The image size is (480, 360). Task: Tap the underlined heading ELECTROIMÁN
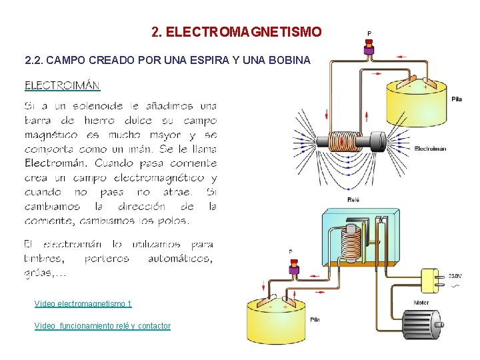pyautogui.click(x=62, y=85)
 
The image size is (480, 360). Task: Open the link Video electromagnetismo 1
pyautogui.click(x=83, y=304)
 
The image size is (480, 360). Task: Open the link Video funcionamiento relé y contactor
pyautogui.click(x=102, y=326)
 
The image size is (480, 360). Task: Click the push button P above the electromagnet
pyautogui.click(x=369, y=47)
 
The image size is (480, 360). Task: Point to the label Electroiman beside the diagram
pyautogui.click(x=430, y=149)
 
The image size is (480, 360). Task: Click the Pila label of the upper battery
pyautogui.click(x=456, y=99)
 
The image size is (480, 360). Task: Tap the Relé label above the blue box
pyautogui.click(x=354, y=199)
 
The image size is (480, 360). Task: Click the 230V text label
pyautogui.click(x=455, y=275)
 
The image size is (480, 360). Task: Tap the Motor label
pyautogui.click(x=421, y=302)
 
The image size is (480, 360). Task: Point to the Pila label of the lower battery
pyautogui.click(x=315, y=319)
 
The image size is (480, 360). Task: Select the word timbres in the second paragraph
pyautogui.click(x=44, y=259)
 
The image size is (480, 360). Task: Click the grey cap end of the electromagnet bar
pyautogui.click(x=377, y=141)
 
